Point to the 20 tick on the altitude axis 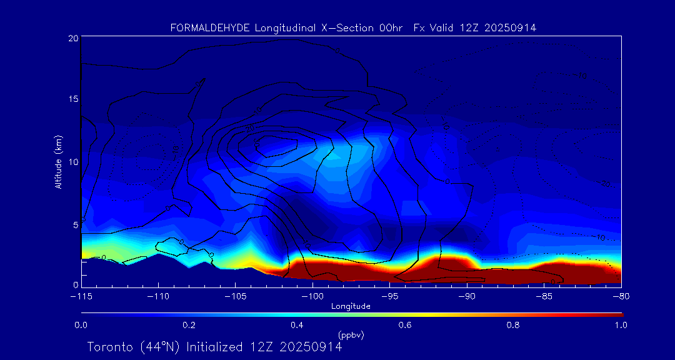click(73, 38)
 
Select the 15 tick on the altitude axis click(73, 99)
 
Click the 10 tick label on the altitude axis click(73, 162)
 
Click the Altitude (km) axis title click(59, 162)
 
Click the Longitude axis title click(351, 306)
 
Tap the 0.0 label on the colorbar click(81, 325)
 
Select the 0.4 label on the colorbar click(297, 325)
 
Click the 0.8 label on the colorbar click(514, 325)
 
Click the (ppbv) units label click(351, 335)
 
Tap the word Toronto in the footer click(110, 347)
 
